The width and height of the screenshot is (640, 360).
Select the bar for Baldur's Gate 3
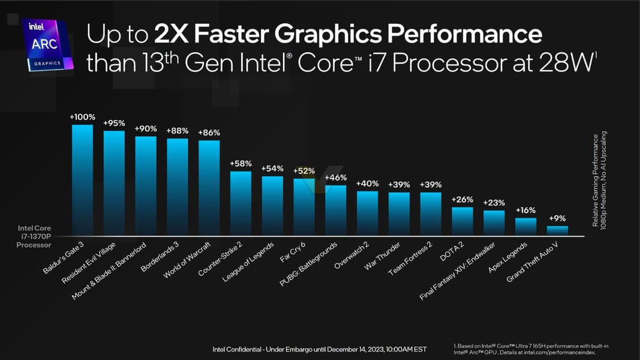[82, 180]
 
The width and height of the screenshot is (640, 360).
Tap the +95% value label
[114, 123]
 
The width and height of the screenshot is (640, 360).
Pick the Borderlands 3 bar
[177, 187]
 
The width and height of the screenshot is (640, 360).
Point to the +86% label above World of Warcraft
[209, 133]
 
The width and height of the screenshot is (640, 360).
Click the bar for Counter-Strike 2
[241, 203]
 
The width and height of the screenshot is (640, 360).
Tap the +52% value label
[304, 171]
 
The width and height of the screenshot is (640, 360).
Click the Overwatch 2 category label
[351, 256]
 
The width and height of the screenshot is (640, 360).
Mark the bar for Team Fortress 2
[430, 214]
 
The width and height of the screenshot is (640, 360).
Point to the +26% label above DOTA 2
[462, 199]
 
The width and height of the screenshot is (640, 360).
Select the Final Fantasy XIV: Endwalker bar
[494, 223]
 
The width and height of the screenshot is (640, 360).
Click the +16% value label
[525, 210]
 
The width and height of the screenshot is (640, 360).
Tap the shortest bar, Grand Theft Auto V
[557, 230]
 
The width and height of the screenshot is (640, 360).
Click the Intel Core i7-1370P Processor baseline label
[34, 236]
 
